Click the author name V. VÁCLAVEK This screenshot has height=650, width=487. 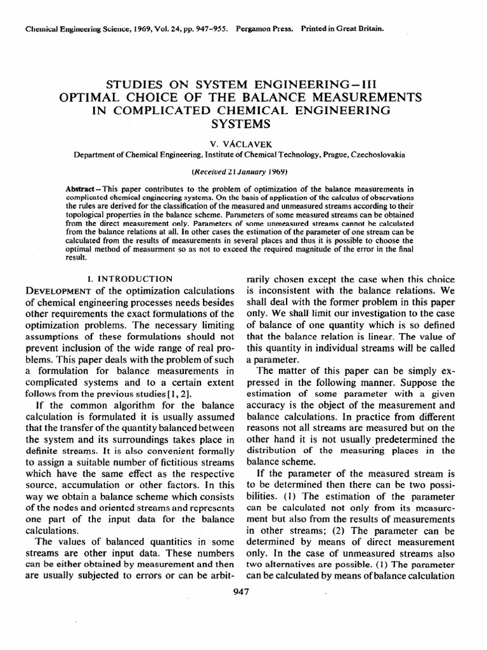point(243,143)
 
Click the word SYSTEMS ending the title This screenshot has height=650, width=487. point(243,123)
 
